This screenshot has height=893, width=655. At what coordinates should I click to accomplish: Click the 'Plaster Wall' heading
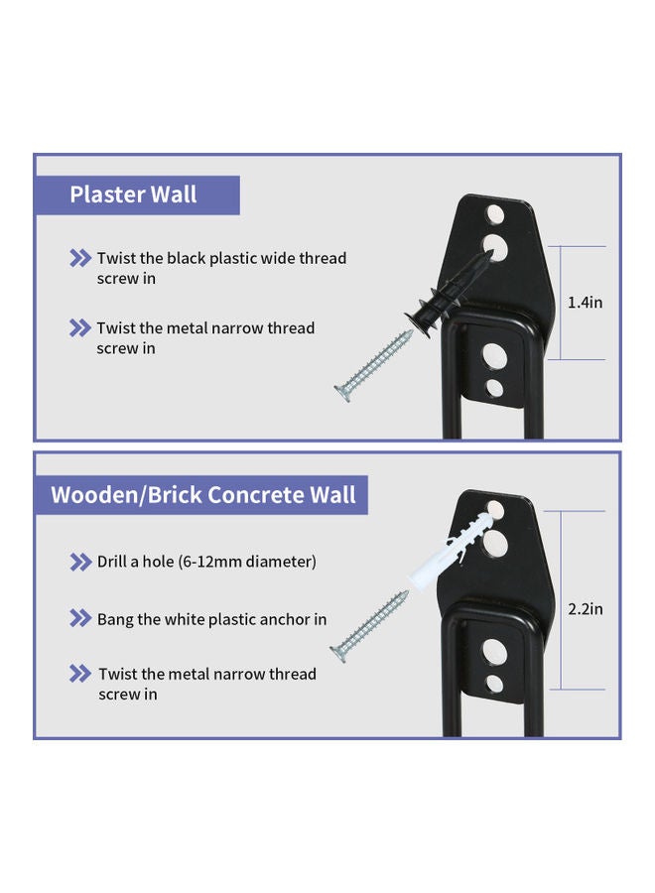pyautogui.click(x=133, y=194)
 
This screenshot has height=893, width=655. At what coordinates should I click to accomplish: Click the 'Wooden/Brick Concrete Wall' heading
pyautogui.click(x=203, y=494)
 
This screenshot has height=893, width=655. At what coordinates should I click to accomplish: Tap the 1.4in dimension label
pyautogui.click(x=585, y=303)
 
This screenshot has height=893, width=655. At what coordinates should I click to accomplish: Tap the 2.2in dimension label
pyautogui.click(x=585, y=609)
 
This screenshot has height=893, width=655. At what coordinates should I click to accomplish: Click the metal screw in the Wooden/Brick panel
pyautogui.click(x=369, y=626)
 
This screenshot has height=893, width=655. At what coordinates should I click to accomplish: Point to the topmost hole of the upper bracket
pyautogui.click(x=494, y=214)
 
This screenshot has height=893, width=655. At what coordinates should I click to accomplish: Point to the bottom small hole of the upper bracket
pyautogui.click(x=494, y=388)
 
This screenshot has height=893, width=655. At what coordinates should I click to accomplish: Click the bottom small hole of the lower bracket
pyautogui.click(x=494, y=683)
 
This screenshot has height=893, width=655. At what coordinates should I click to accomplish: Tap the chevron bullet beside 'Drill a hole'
pyautogui.click(x=80, y=563)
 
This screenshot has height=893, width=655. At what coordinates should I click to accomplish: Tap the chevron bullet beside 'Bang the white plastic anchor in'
pyautogui.click(x=80, y=618)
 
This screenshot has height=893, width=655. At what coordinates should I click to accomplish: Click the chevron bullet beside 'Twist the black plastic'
pyautogui.click(x=80, y=258)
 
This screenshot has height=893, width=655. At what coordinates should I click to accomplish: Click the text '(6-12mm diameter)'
pyautogui.click(x=247, y=562)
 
